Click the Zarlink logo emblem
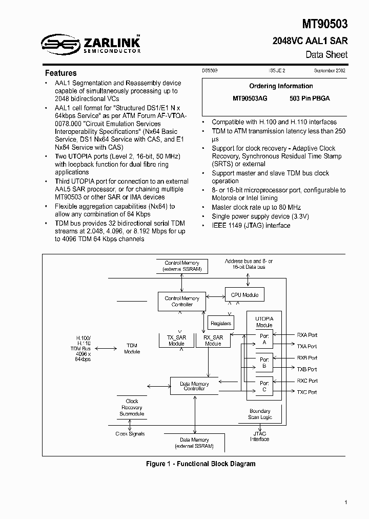60,44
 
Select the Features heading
60,73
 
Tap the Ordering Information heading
281,86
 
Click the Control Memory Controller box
182,302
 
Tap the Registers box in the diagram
221,323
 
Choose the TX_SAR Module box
177,341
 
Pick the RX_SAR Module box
213,341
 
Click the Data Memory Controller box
194,386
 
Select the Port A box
264,339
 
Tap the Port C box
264,386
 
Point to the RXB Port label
307,358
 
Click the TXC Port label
307,392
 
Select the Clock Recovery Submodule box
132,407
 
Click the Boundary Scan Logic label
260,414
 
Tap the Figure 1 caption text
200,464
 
